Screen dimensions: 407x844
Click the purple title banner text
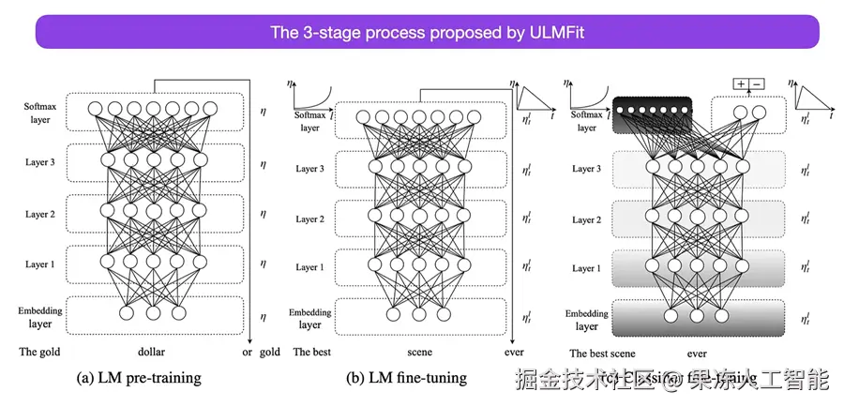click(427, 33)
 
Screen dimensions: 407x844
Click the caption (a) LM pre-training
click(139, 378)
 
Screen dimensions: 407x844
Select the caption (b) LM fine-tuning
click(407, 378)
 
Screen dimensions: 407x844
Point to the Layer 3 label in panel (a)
click(39, 162)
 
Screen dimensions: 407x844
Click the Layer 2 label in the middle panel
click(309, 219)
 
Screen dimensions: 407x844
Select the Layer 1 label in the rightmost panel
click(586, 268)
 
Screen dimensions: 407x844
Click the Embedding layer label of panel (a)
click(39, 316)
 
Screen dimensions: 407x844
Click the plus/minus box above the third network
click(748, 83)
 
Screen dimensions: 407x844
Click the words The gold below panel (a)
click(38, 352)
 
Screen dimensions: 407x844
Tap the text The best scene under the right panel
click(603, 354)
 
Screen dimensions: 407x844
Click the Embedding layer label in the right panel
click(586, 319)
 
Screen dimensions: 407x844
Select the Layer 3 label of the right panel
click(586, 169)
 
